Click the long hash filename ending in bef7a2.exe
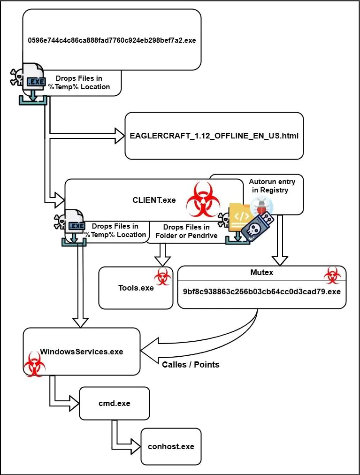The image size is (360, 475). coord(112,40)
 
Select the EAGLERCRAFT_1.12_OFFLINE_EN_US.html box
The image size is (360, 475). coord(214,136)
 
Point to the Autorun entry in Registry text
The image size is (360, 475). coord(272,186)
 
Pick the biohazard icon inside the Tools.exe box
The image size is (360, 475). coord(162,277)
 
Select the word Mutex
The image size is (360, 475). coord(262,272)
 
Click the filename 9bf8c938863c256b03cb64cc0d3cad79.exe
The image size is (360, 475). coord(261,291)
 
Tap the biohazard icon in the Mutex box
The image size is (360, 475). coord(331,275)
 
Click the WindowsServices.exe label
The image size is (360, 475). coord(82,352)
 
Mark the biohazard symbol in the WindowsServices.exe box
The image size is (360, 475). coord(34,362)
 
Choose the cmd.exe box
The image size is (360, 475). coord(114,403)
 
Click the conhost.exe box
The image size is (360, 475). coord(171,446)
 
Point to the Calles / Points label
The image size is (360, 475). coord(191,364)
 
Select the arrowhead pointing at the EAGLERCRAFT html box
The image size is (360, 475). coord(118,136)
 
